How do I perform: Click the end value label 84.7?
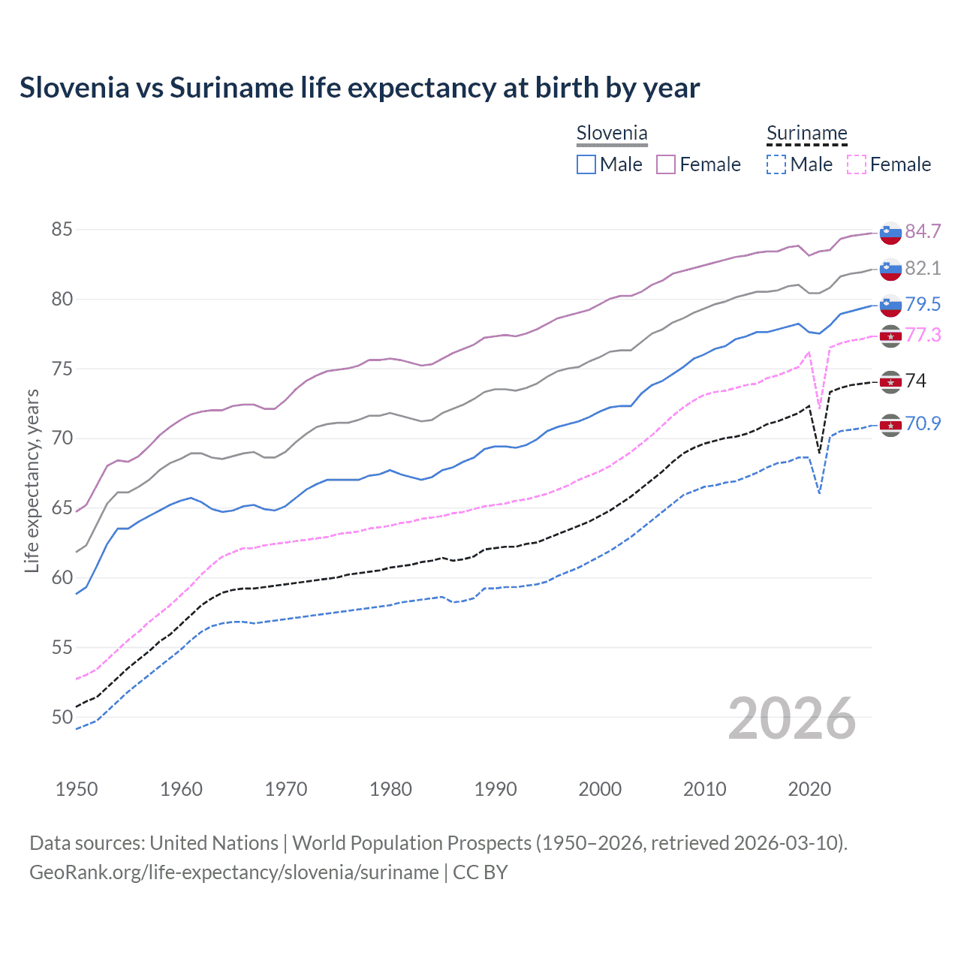[923, 231]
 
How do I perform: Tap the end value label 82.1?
[923, 268]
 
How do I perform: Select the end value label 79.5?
[923, 304]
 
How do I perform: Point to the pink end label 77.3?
[923, 335]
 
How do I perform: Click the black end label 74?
[915, 381]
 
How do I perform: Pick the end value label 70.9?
[923, 423]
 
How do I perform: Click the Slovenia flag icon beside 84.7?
[890, 233]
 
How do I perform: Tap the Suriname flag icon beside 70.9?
[890, 425]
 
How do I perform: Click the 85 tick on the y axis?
[62, 229]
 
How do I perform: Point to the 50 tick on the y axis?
[62, 717]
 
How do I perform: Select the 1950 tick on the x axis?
[77, 789]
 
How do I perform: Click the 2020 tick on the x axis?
[809, 789]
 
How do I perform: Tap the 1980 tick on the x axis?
[390, 789]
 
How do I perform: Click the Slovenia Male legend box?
[586, 164]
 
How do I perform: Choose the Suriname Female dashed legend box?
[857, 164]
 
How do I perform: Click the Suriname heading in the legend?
[806, 134]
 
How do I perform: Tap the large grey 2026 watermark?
[791, 718]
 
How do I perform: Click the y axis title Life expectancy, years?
[32, 480]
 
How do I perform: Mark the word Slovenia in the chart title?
[74, 88]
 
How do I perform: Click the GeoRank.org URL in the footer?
[233, 872]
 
